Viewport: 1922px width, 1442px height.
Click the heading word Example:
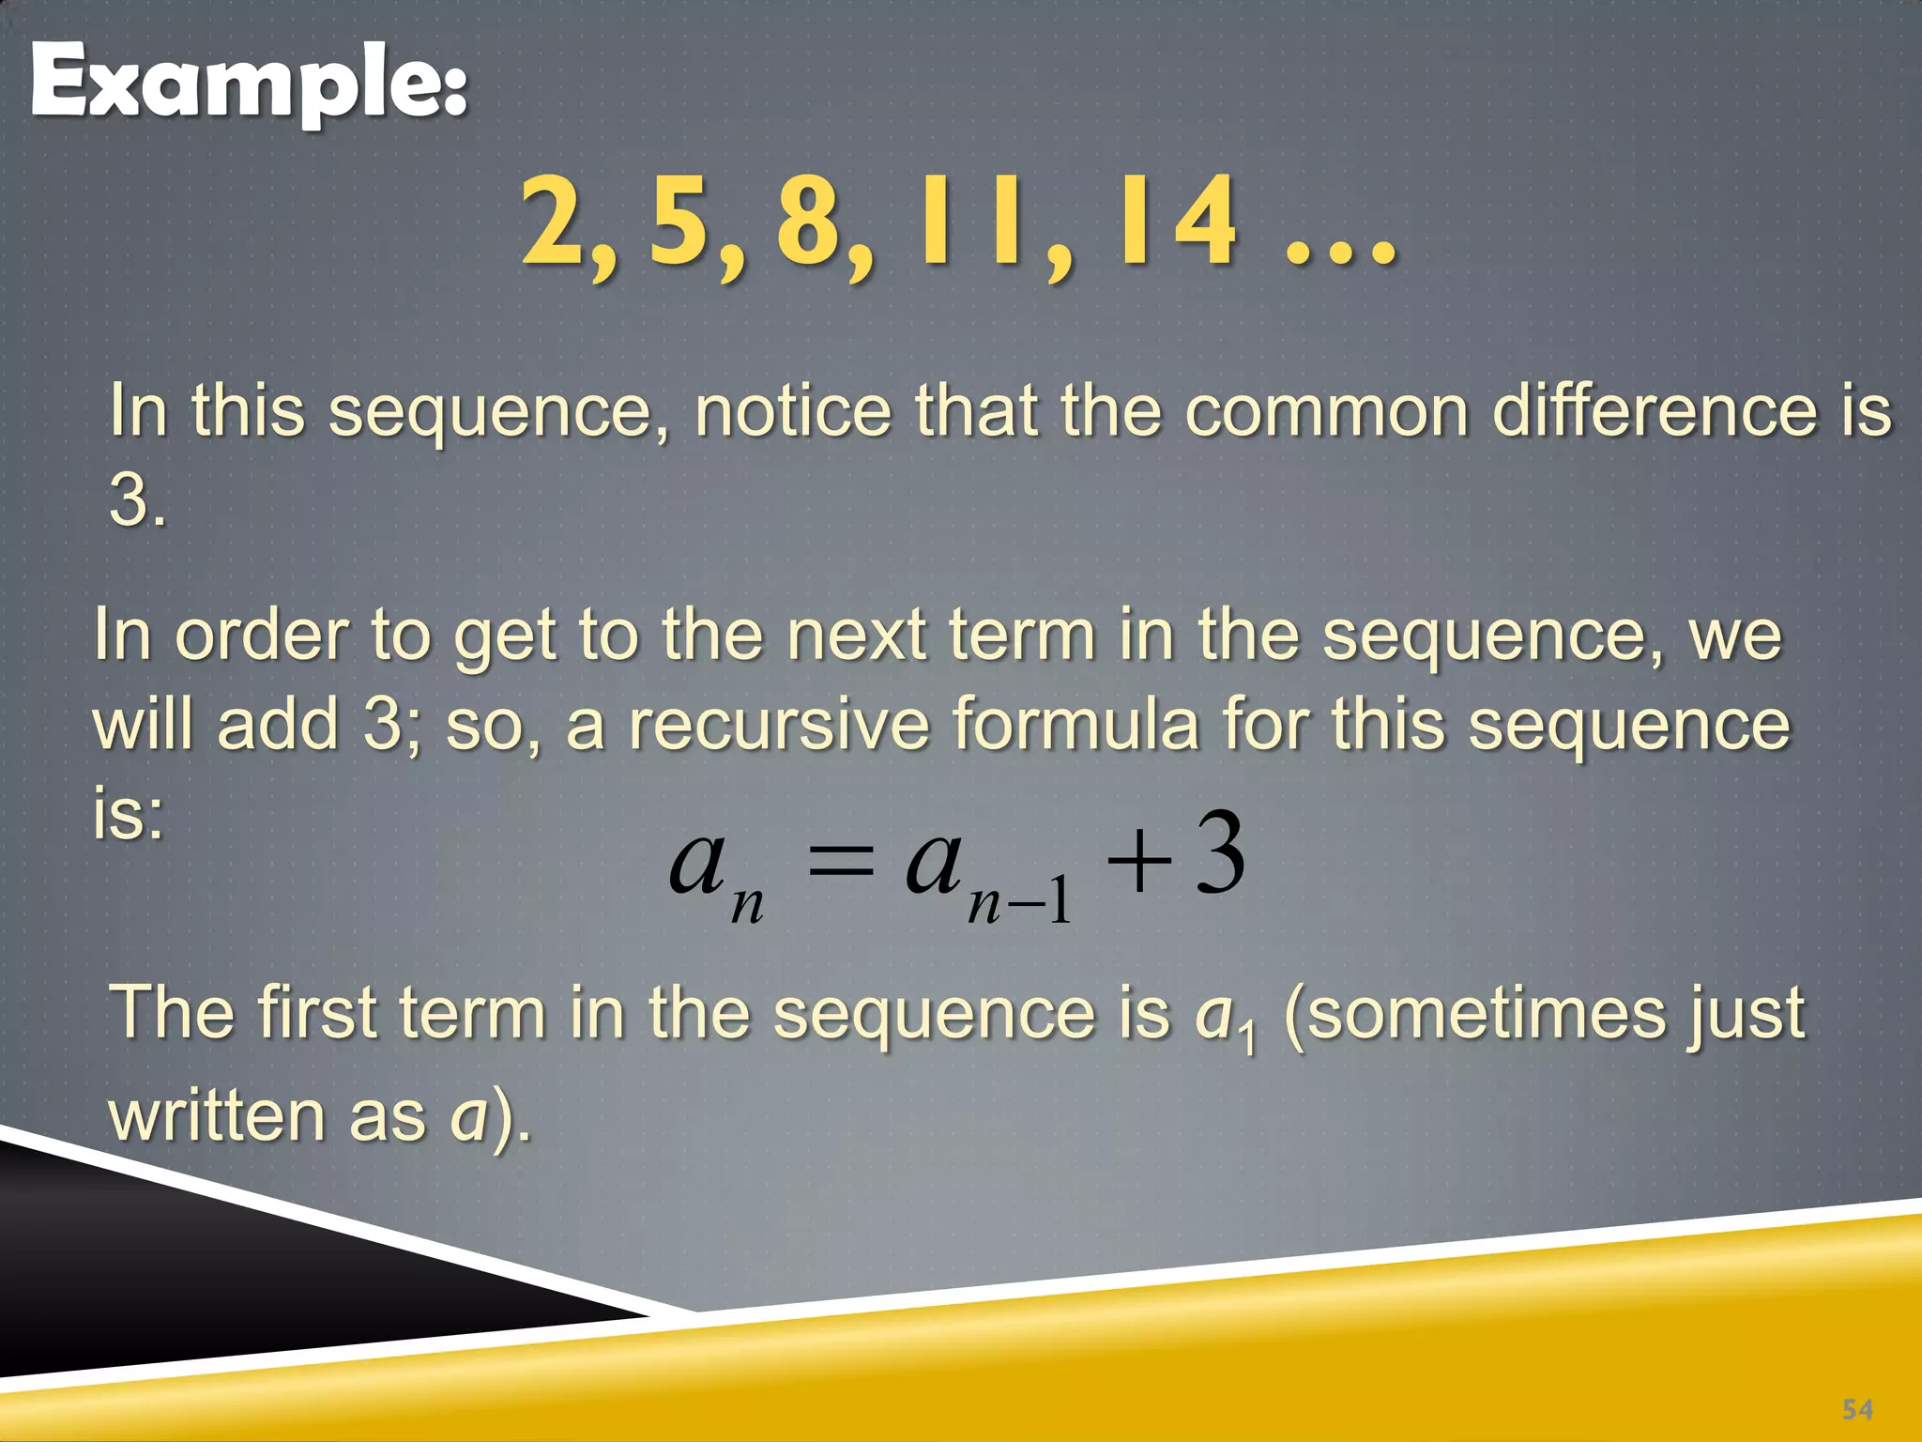coord(249,84)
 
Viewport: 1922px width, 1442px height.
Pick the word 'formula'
coord(1075,725)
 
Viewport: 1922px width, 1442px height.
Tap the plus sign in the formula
coord(1138,862)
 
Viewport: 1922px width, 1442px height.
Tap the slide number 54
coord(1857,1409)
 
